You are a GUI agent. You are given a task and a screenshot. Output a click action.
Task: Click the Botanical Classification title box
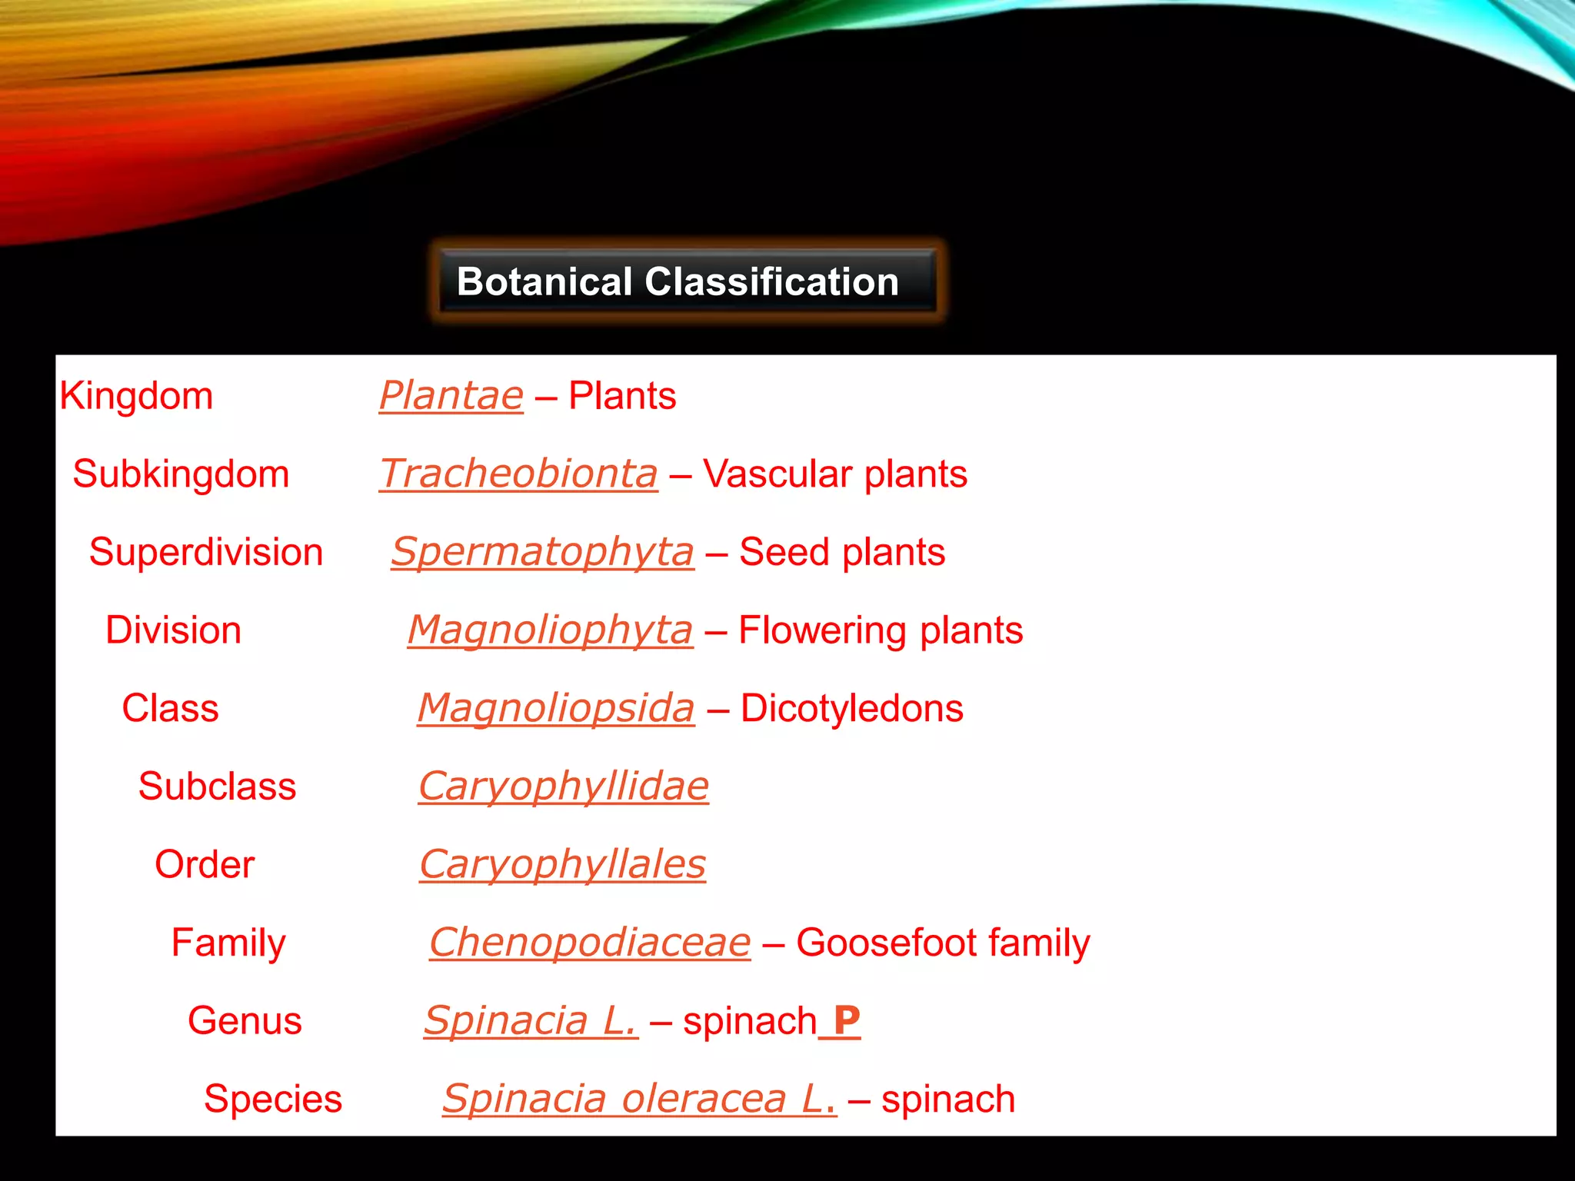tap(687, 281)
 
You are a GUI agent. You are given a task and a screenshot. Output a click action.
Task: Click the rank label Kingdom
tap(136, 397)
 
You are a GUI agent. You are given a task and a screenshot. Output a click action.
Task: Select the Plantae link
tap(451, 397)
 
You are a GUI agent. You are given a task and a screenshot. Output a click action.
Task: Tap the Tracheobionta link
tap(519, 474)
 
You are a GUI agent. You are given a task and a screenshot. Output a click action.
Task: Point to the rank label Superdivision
tap(205, 553)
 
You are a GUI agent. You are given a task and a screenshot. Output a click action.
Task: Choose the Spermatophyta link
tap(542, 553)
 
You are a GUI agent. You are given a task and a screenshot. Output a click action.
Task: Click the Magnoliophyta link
tap(550, 631)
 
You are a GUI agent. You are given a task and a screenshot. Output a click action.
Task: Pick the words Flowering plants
tap(881, 631)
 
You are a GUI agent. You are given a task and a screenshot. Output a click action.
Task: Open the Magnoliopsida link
tap(555, 709)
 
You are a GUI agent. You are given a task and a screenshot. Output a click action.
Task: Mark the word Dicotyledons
tap(851, 709)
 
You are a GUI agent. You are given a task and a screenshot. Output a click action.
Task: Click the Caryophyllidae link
tap(563, 787)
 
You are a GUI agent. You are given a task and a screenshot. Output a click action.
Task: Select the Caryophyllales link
tap(562, 865)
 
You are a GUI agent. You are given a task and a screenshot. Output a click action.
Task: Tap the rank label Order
tap(205, 865)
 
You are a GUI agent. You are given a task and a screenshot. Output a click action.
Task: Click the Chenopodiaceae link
tap(590, 943)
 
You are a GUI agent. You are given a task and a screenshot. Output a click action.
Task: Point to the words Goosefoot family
tap(943, 943)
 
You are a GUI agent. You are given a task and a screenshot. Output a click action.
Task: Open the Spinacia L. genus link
tap(531, 1022)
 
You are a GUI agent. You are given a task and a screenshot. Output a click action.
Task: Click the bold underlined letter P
tap(846, 1022)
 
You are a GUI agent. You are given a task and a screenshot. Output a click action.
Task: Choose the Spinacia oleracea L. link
tap(639, 1099)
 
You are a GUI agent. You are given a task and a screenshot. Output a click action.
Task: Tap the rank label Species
tap(272, 1099)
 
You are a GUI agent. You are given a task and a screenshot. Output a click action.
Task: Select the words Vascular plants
tap(834, 474)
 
